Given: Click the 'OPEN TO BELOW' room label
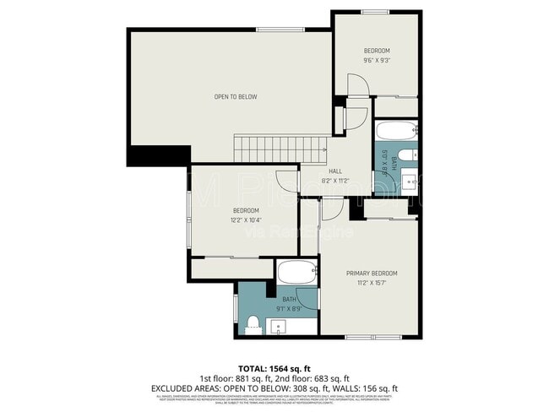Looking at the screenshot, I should coord(235,97).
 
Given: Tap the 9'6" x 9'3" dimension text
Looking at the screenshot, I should coord(377,60).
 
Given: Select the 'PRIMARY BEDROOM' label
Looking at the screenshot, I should coord(372,274).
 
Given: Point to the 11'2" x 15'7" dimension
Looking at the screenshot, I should coord(372,285).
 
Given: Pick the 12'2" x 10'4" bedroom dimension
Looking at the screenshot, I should coord(246,220).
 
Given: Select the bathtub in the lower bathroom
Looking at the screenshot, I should coord(296,273).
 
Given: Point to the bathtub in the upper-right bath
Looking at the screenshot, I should coord(395,131).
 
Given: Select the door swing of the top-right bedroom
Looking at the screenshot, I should coord(356,85).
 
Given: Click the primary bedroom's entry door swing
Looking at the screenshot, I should coord(332,207).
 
